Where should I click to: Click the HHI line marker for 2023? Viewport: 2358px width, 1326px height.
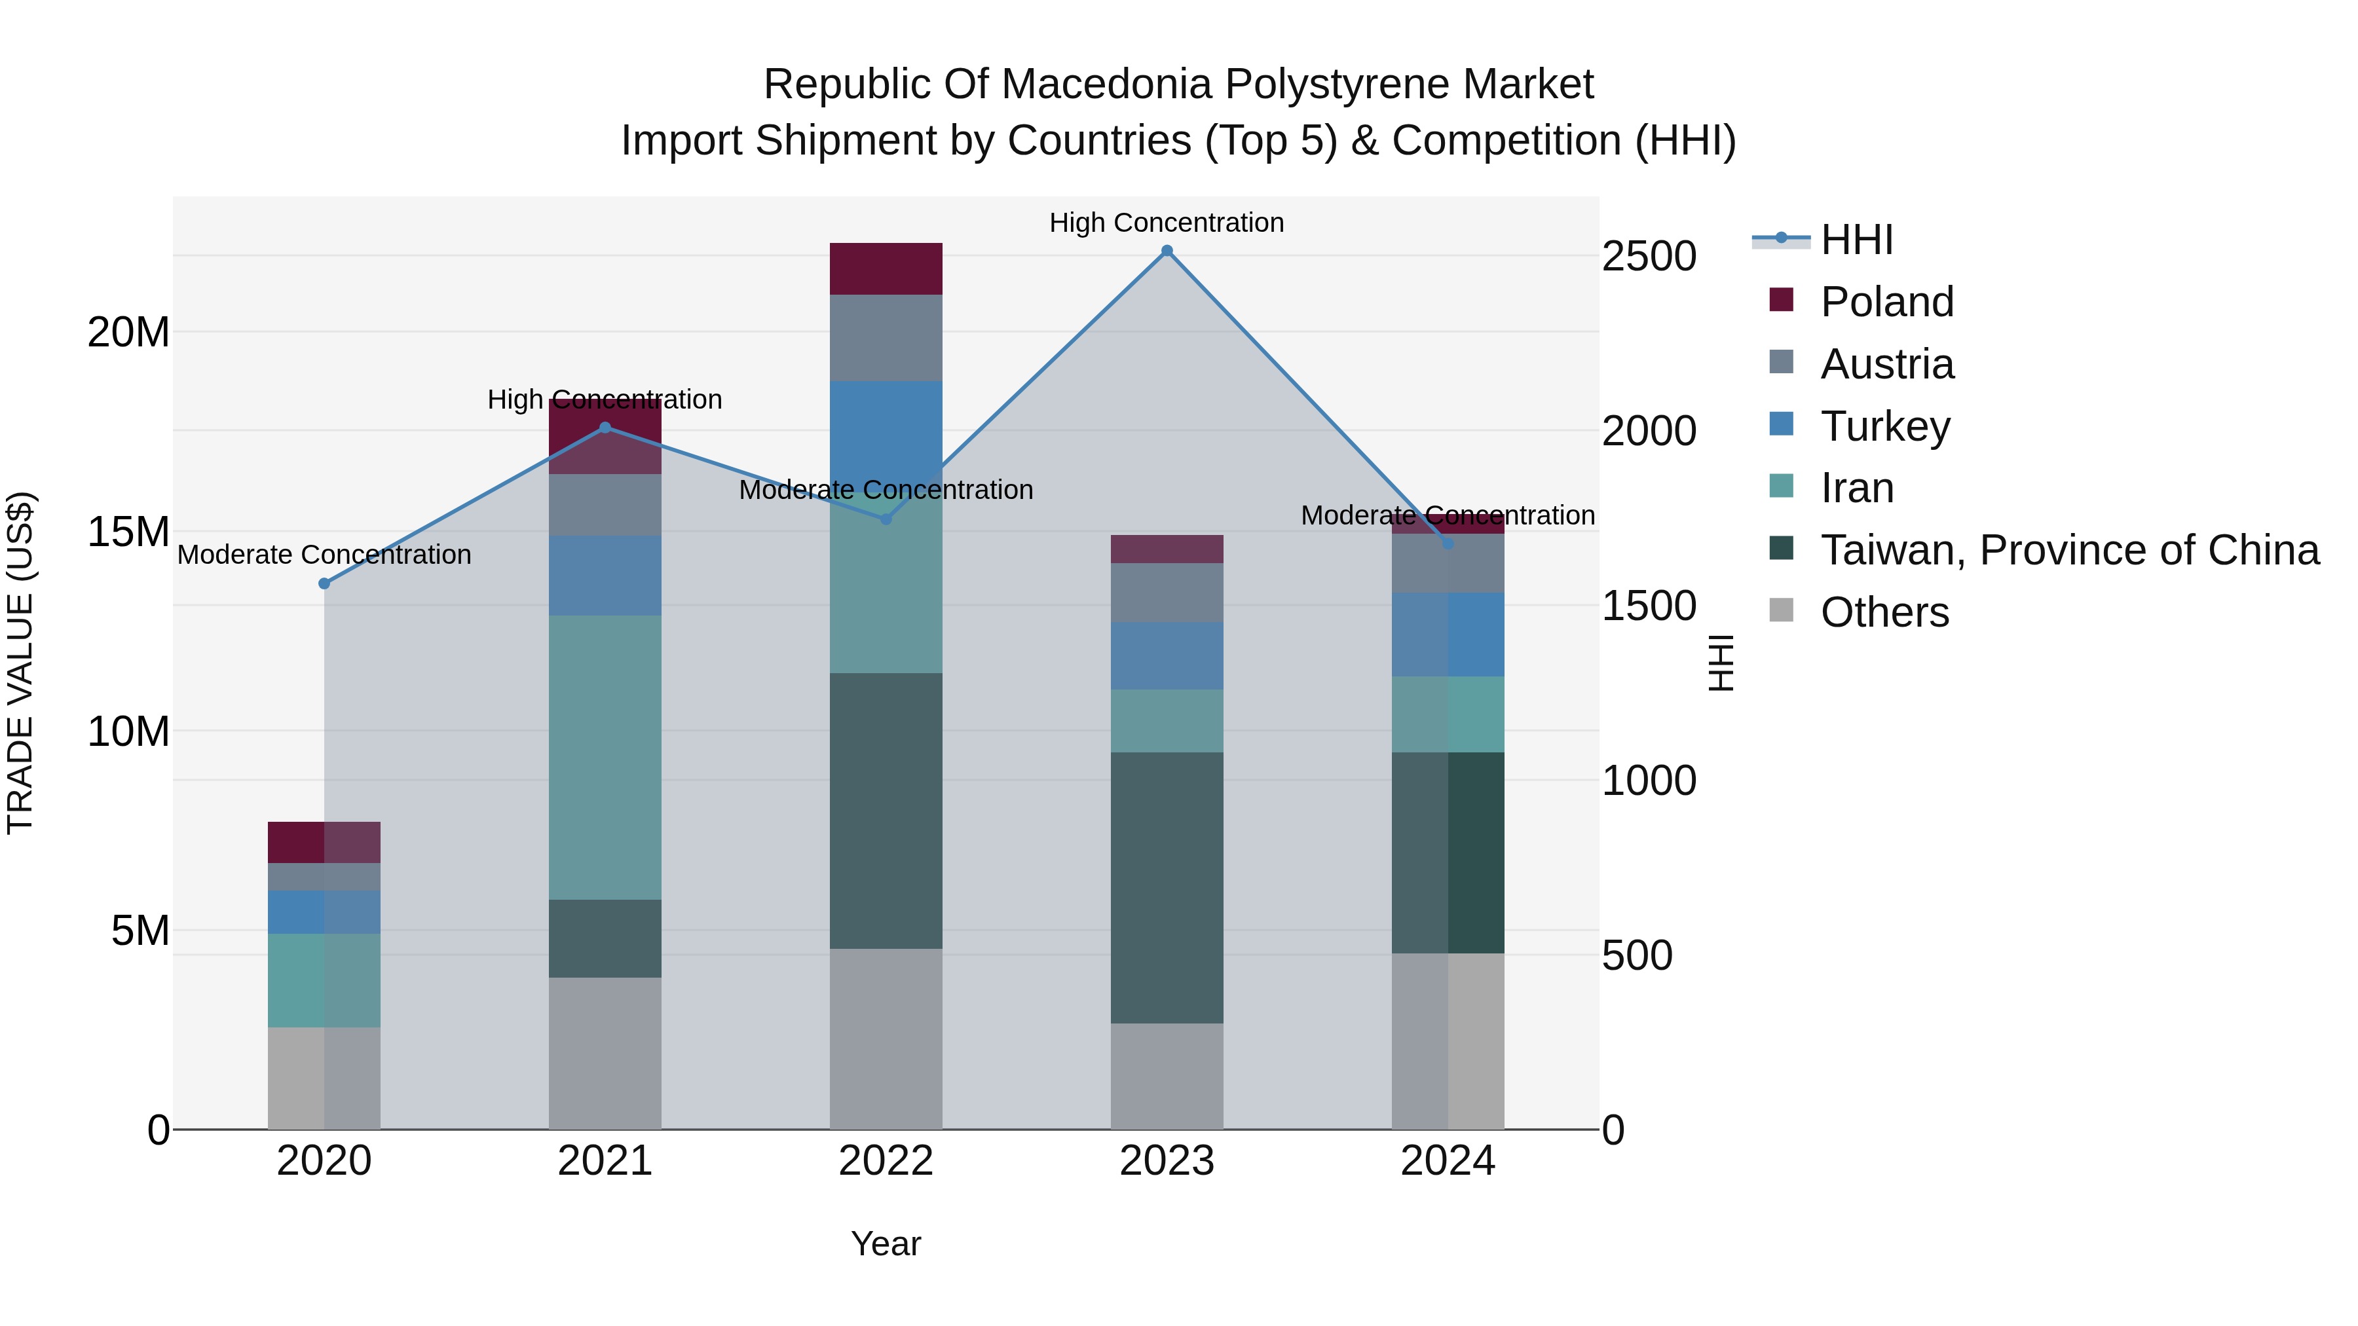[x=1167, y=251]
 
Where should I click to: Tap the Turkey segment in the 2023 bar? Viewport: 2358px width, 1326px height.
[x=1167, y=655]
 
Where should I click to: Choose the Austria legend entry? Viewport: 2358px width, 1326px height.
[x=1886, y=364]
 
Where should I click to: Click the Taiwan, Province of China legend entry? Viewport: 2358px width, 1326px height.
[x=2068, y=550]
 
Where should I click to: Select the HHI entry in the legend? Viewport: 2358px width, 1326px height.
[x=1856, y=240]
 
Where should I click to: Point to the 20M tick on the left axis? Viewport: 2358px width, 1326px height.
[x=128, y=332]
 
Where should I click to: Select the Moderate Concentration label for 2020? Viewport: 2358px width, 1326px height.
[x=324, y=555]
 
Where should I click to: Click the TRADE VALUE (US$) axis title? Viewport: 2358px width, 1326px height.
[x=20, y=663]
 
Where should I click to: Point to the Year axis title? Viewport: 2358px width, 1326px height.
[x=885, y=1243]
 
